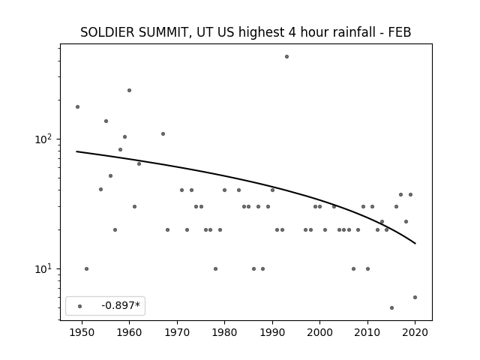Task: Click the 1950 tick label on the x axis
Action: click(x=82, y=332)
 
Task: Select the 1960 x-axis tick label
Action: click(x=129, y=332)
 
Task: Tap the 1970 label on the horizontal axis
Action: click(x=177, y=332)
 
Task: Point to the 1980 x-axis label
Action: click(x=224, y=332)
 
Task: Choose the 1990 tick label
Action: click(x=272, y=332)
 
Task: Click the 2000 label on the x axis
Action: click(x=320, y=332)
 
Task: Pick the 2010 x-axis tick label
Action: click(x=367, y=332)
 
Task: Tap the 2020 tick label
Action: click(x=415, y=332)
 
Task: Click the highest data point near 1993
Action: click(x=286, y=57)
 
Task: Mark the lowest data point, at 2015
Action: click(x=391, y=308)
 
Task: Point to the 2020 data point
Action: click(x=415, y=297)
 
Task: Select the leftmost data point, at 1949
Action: click(x=77, y=106)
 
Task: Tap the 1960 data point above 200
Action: click(x=129, y=90)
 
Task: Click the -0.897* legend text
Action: click(x=121, y=305)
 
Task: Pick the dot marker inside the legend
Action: click(x=79, y=306)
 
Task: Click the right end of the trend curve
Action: click(x=415, y=244)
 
